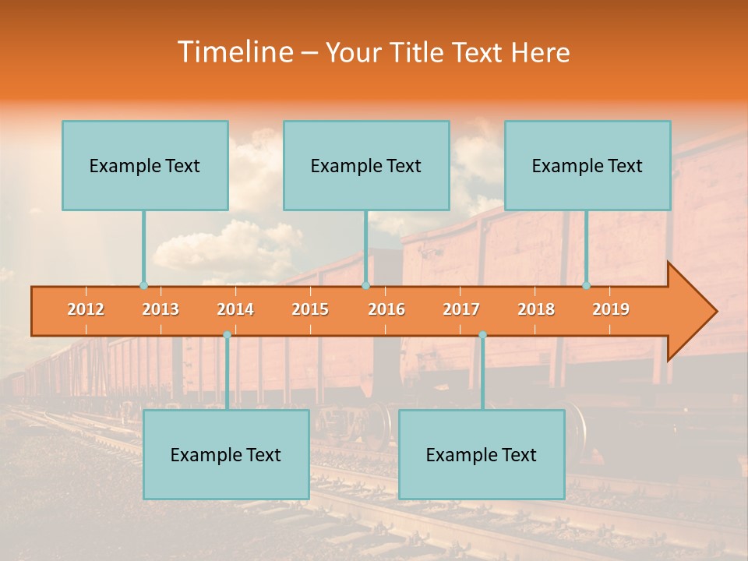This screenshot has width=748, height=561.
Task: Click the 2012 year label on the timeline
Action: (86, 309)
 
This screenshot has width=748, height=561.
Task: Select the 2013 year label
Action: (161, 309)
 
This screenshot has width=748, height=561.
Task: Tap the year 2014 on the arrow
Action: (235, 309)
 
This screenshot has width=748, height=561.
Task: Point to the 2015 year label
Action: (310, 309)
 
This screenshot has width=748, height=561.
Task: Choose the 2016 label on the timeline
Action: (386, 309)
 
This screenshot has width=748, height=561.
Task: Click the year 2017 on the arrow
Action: (461, 309)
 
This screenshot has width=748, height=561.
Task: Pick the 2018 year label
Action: (536, 309)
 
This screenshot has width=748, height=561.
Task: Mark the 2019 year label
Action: (611, 309)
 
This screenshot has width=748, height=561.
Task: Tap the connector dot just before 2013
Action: (143, 286)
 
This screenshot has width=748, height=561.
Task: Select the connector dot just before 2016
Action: (365, 286)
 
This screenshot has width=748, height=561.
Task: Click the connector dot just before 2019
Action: (586, 286)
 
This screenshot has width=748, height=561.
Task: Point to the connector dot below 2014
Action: (227, 335)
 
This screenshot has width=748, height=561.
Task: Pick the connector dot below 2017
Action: (482, 335)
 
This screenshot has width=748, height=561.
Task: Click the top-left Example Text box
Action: (145, 165)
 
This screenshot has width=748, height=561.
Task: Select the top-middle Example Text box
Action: (366, 165)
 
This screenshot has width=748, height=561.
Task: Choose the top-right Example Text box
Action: (587, 165)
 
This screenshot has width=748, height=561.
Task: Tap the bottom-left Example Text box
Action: (226, 454)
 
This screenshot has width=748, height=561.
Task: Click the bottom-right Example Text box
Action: (482, 454)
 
